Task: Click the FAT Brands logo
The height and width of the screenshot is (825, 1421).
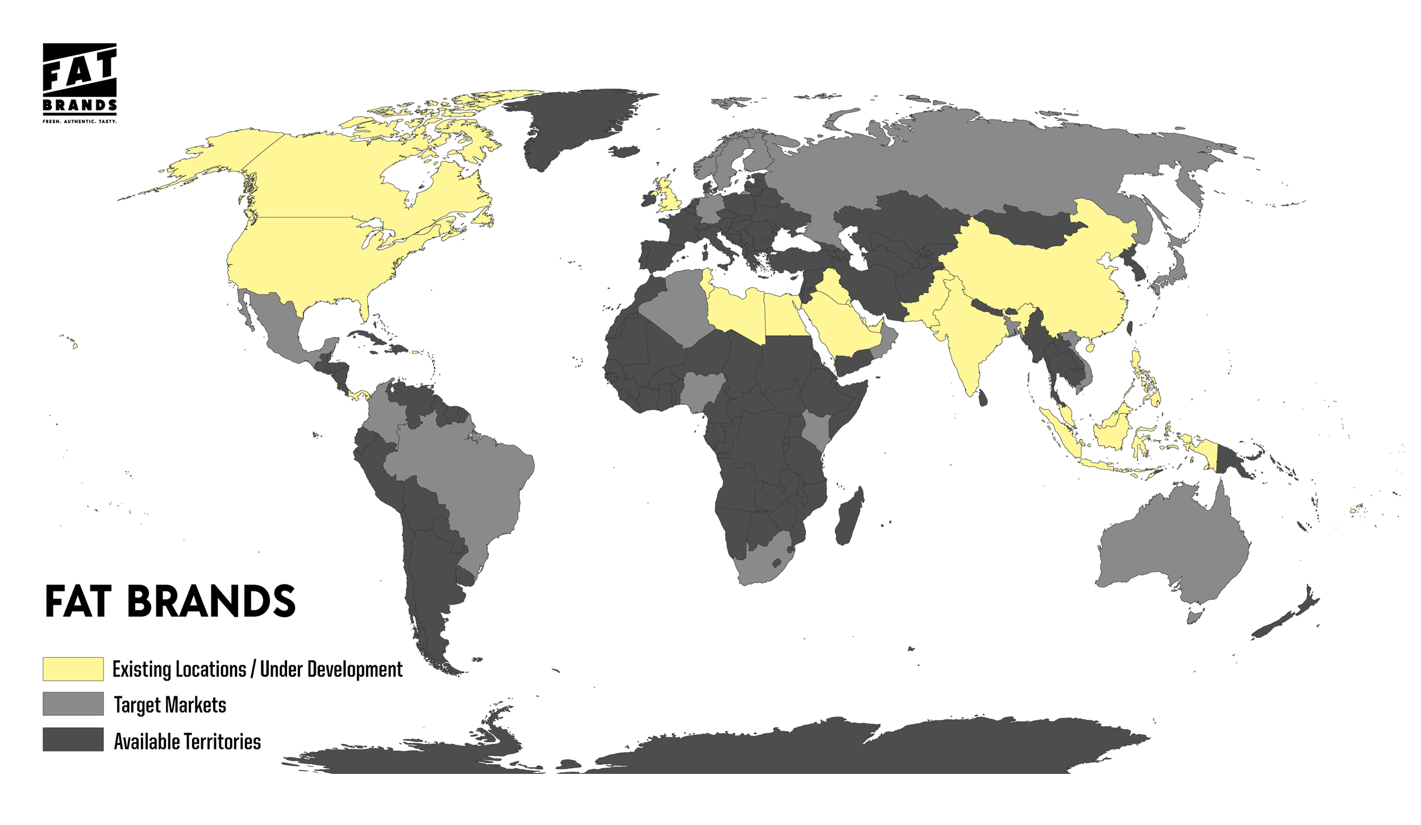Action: (x=80, y=82)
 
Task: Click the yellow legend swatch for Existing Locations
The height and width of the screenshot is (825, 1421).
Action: (x=73, y=669)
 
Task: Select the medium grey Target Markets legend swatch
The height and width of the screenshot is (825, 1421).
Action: (x=73, y=703)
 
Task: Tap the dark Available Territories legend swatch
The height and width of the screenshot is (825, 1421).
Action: (x=73, y=739)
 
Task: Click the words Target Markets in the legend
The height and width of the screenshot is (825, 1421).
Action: (x=170, y=705)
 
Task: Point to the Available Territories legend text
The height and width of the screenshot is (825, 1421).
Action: (x=187, y=741)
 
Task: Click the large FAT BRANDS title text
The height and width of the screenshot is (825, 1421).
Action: (x=170, y=602)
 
